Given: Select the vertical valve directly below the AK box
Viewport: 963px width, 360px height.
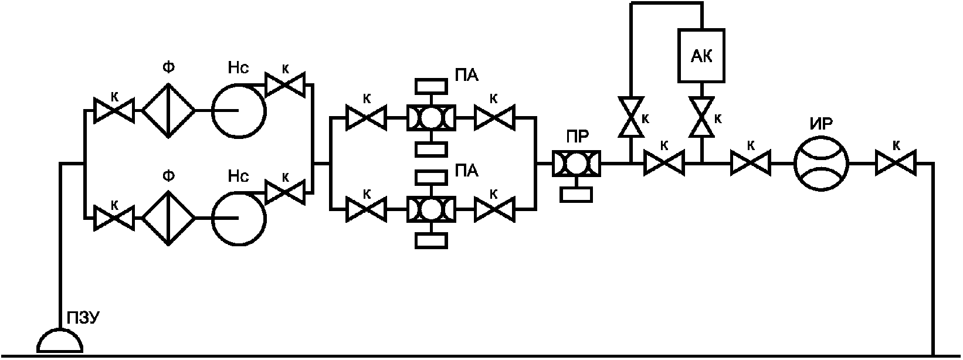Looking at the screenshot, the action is pos(701,117).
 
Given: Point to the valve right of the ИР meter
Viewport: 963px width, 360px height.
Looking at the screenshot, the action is pos(896,163).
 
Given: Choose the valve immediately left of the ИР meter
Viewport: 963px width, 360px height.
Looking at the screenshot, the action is pos(751,163).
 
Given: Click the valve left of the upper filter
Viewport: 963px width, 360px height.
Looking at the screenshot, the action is pos(114,110).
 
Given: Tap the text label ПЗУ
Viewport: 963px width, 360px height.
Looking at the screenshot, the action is pos(83,318).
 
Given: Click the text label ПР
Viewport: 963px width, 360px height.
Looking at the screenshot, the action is pos(577,137).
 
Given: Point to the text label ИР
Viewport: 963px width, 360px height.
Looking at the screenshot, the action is pos(820,124).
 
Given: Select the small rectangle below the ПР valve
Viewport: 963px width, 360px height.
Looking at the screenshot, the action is pos(576,195).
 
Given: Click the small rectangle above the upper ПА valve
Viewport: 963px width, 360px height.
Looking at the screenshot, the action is pos(431,86).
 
